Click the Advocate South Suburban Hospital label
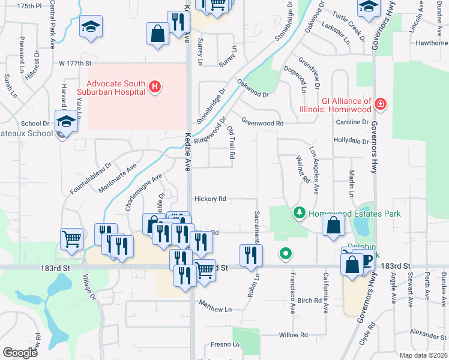[116, 88]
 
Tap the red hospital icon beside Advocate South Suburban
[155, 88]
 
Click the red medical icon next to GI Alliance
[379, 105]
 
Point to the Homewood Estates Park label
[355, 214]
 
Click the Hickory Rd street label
[209, 199]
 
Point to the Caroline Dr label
[352, 122]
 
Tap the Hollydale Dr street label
[351, 141]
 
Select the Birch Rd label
[310, 301]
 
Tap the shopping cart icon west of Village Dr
[72, 238]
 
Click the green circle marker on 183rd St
[286, 254]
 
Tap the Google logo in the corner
[20, 353]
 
